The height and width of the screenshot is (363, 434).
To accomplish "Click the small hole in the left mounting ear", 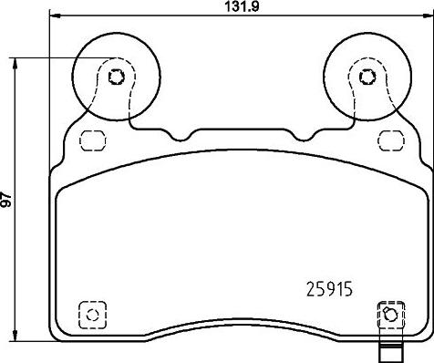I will (x=116, y=77).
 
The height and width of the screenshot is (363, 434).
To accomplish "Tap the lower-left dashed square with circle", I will (x=90, y=314).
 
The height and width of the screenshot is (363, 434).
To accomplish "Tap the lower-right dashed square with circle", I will (x=389, y=315).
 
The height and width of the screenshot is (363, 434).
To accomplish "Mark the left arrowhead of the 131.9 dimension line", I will (x=54, y=16).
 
